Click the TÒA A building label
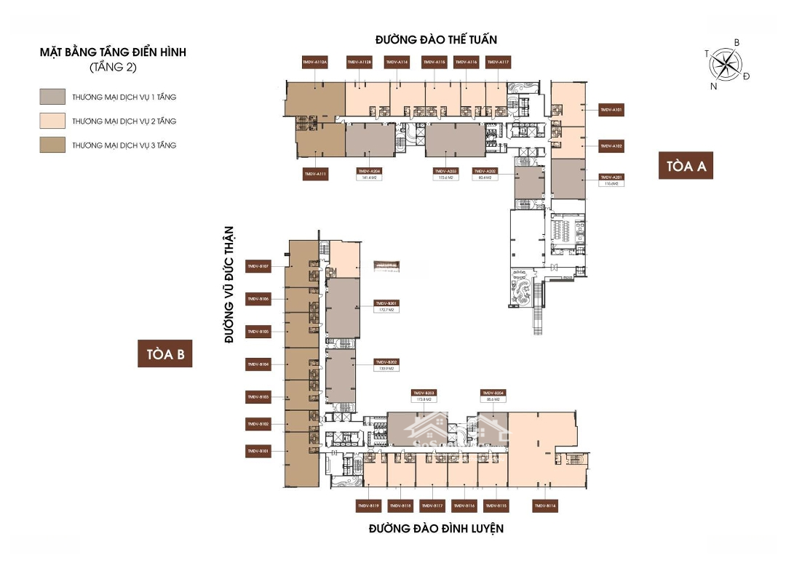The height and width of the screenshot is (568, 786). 686,166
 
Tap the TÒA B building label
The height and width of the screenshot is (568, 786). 165,354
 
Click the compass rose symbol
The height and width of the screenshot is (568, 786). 726,65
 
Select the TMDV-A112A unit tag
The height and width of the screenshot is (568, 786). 315,63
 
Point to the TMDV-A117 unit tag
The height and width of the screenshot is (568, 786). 499,63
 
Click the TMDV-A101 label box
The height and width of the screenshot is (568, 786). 611,110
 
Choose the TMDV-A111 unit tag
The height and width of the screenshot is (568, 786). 315,174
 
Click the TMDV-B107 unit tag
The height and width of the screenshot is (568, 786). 259,267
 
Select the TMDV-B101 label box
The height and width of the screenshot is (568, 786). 259,452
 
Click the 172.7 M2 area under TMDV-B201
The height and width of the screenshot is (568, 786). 386,309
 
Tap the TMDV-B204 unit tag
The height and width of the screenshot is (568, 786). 493,393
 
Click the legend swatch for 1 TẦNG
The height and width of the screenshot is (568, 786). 53,97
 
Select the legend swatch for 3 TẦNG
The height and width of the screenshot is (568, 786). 53,145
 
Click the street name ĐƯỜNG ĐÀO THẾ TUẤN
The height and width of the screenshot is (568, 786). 436,39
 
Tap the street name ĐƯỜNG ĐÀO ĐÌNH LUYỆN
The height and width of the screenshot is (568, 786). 435,529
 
